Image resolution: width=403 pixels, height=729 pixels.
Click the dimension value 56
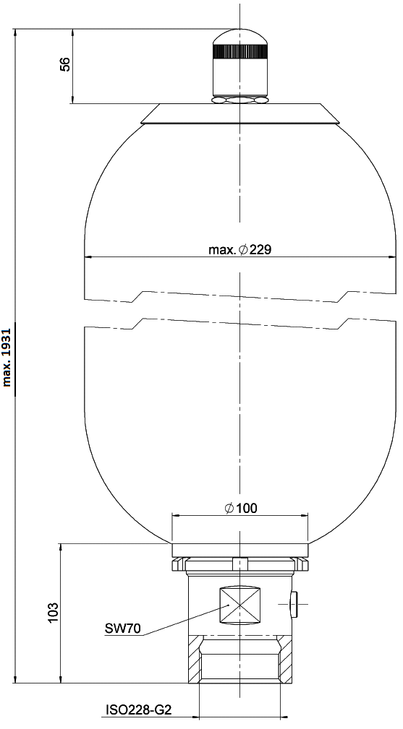[66, 64]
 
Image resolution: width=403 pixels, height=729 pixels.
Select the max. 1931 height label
[7, 358]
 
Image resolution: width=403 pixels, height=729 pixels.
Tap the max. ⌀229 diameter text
[239, 250]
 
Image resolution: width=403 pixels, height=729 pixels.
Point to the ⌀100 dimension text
[241, 508]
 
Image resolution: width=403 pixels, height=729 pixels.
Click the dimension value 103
[54, 613]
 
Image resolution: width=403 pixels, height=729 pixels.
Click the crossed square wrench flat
[239, 605]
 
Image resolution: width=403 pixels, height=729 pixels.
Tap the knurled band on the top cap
[240, 51]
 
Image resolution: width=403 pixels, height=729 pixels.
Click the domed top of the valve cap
[240, 37]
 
